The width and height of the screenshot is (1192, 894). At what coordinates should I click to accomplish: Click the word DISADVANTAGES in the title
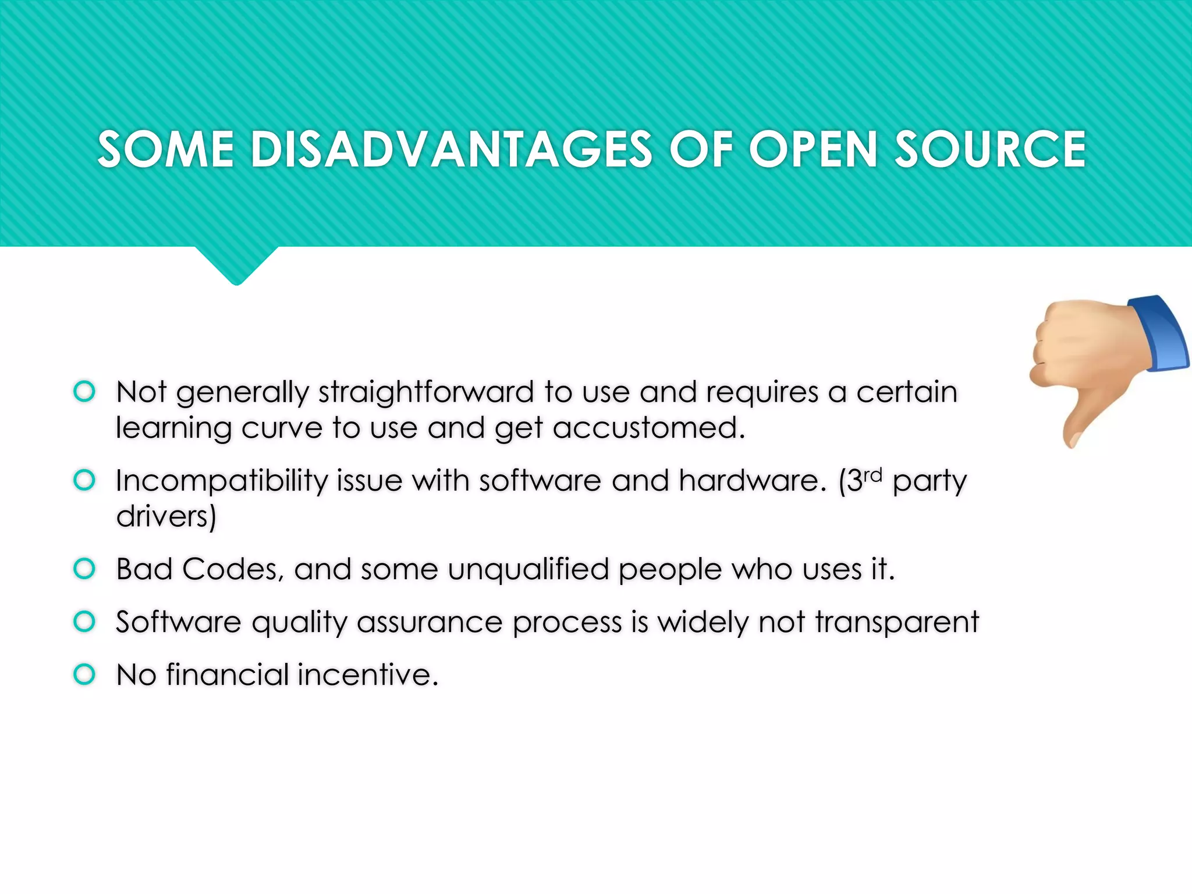click(451, 150)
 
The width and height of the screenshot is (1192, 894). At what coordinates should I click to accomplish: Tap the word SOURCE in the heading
click(989, 150)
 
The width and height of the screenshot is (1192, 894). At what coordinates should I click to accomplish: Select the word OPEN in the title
click(813, 150)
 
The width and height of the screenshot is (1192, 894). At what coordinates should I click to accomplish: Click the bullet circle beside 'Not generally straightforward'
click(84, 391)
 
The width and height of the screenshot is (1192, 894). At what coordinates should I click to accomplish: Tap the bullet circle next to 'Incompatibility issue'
click(84, 480)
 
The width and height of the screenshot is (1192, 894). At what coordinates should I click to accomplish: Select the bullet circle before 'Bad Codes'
click(84, 569)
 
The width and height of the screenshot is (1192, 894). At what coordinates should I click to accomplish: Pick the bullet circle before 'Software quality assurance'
click(84, 622)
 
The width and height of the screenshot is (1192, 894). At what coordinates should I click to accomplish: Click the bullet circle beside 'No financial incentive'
click(84, 675)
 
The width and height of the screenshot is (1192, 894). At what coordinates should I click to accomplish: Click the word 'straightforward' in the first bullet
click(425, 392)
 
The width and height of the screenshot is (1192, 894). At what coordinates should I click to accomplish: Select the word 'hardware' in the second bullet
click(752, 481)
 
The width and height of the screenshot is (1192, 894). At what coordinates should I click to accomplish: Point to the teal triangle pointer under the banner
click(236, 265)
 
